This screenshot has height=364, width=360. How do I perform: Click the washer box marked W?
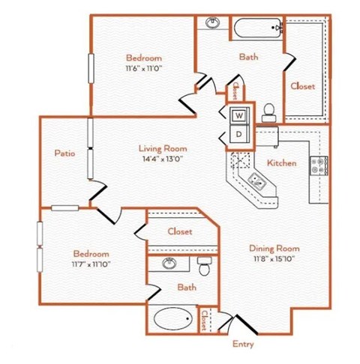point(238,116)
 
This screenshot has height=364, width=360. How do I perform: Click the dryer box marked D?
point(238,134)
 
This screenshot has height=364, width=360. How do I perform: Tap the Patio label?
point(64,153)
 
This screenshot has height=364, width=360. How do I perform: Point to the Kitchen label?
point(282,163)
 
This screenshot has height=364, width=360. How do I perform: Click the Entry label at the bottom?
point(243,345)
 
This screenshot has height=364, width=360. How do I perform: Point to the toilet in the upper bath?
point(268,112)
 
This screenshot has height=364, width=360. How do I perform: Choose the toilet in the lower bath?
point(202,265)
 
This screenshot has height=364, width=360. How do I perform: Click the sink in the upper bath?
point(212,23)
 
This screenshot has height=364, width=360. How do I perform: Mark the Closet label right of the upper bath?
point(303,86)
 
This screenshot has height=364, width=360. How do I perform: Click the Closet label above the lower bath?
point(179,231)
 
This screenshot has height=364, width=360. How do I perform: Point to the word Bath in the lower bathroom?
point(187,287)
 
